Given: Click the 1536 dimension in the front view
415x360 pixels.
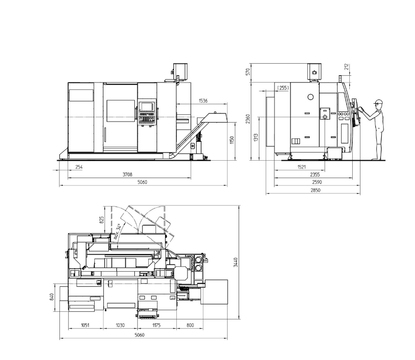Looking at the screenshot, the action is (x=203, y=101).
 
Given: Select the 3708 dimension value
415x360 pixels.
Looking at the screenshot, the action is (x=128, y=174).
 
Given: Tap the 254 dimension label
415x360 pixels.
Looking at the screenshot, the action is (x=79, y=167).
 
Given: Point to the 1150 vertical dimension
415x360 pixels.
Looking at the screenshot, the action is (x=232, y=140).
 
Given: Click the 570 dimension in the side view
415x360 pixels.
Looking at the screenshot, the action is (x=248, y=72).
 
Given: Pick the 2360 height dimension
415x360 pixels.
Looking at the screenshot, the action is (x=248, y=119).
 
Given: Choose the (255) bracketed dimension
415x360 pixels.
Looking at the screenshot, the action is (x=283, y=88).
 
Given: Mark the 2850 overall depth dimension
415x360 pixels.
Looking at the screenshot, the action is (x=315, y=190).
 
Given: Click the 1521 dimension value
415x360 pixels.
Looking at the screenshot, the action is (x=301, y=167).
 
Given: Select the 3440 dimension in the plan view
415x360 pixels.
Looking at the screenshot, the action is (x=236, y=262).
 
